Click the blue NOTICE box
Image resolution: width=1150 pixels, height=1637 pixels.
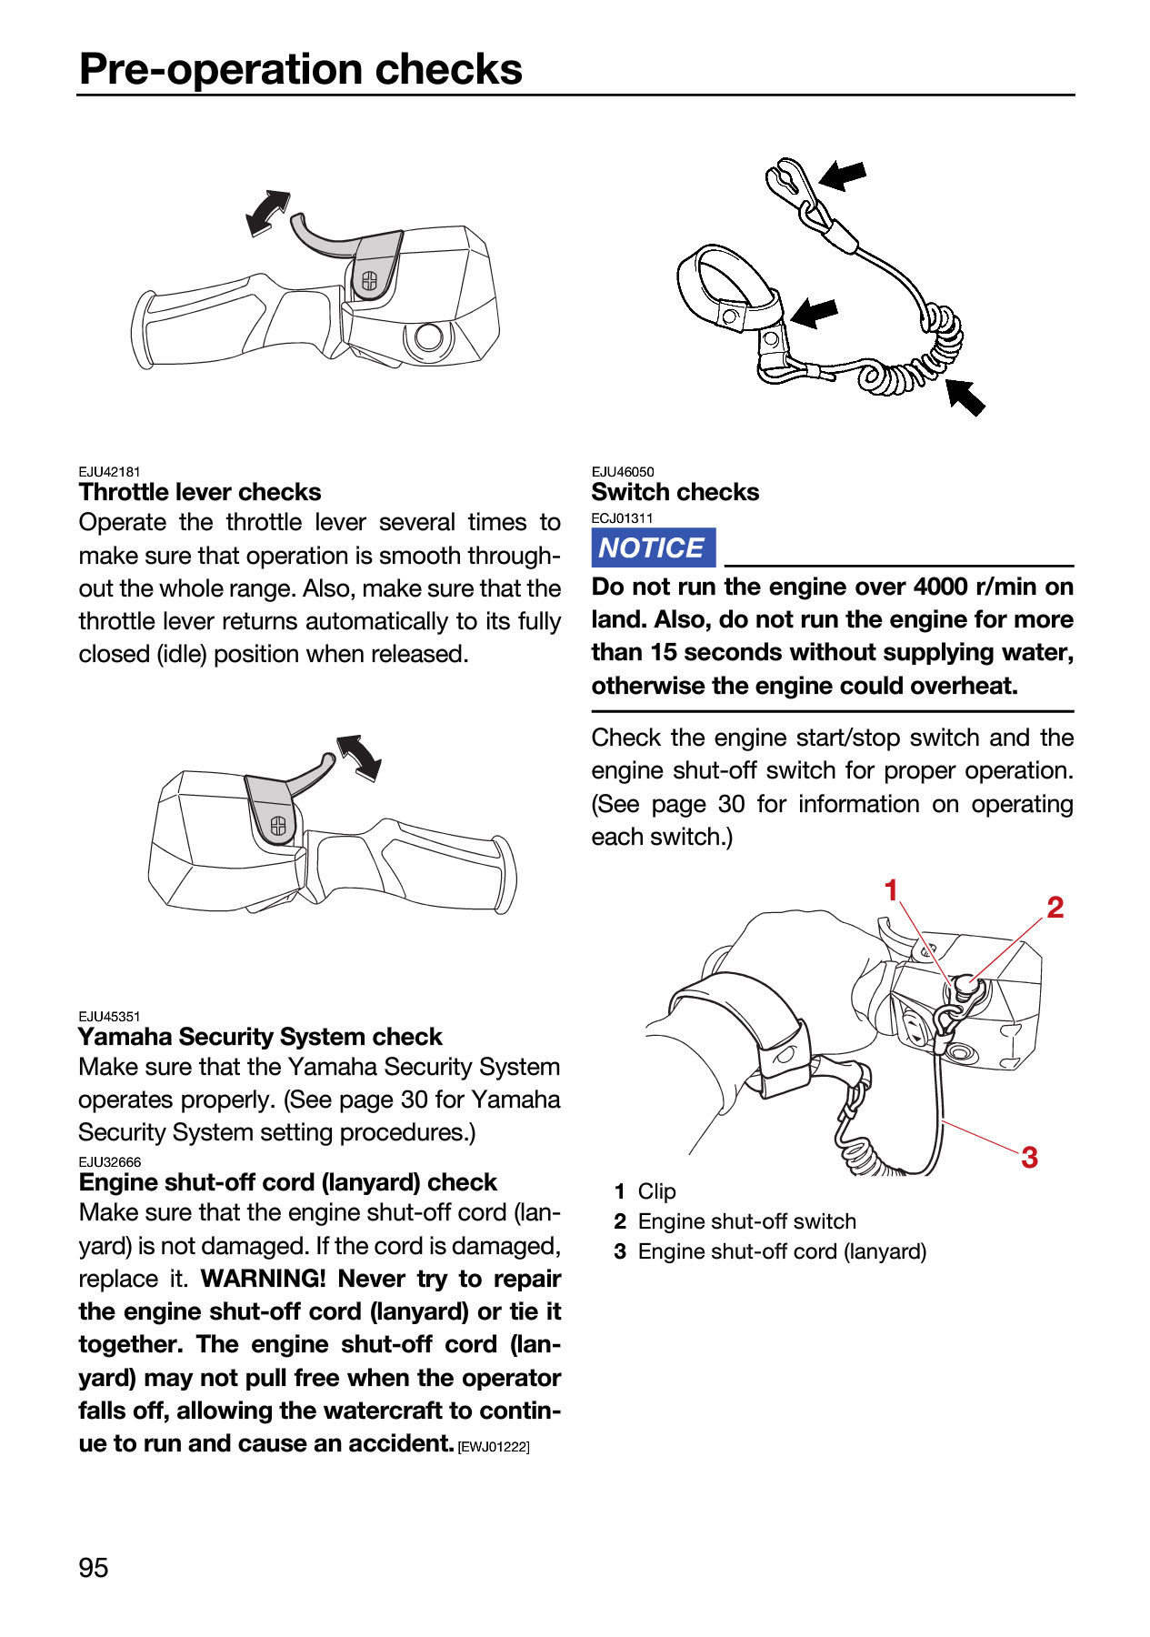pos(653,547)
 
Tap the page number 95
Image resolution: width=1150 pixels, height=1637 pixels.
pos(94,1568)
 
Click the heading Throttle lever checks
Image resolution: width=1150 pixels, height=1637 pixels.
pos(200,492)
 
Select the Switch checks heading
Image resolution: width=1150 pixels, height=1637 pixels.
pos(675,492)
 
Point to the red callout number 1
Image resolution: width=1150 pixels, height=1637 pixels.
pos(891,889)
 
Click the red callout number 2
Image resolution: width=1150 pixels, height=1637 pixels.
pos(1055,907)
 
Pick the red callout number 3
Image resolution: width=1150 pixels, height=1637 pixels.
pos(1029,1157)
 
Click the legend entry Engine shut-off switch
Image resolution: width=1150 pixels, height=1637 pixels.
pos(747,1221)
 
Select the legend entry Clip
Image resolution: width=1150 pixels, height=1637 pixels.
pos(657,1191)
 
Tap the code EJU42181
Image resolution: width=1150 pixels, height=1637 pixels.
pos(110,471)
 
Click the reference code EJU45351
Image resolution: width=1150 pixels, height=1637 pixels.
pos(110,1016)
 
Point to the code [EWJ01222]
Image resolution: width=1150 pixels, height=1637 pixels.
pos(494,1447)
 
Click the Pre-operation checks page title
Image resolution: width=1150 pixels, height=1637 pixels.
pos(301,69)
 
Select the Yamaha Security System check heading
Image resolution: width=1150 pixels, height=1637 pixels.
pos(260,1037)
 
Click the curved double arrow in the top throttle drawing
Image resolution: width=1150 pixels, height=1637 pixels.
pos(267,213)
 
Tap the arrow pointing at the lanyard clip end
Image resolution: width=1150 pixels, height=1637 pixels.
pos(843,175)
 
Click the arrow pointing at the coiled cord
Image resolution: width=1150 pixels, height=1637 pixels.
pos(965,397)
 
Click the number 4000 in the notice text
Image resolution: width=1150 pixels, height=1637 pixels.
pos(941,587)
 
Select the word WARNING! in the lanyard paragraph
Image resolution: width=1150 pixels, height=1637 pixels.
pos(263,1279)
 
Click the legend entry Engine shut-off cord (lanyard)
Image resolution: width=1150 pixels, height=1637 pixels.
pos(782,1251)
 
